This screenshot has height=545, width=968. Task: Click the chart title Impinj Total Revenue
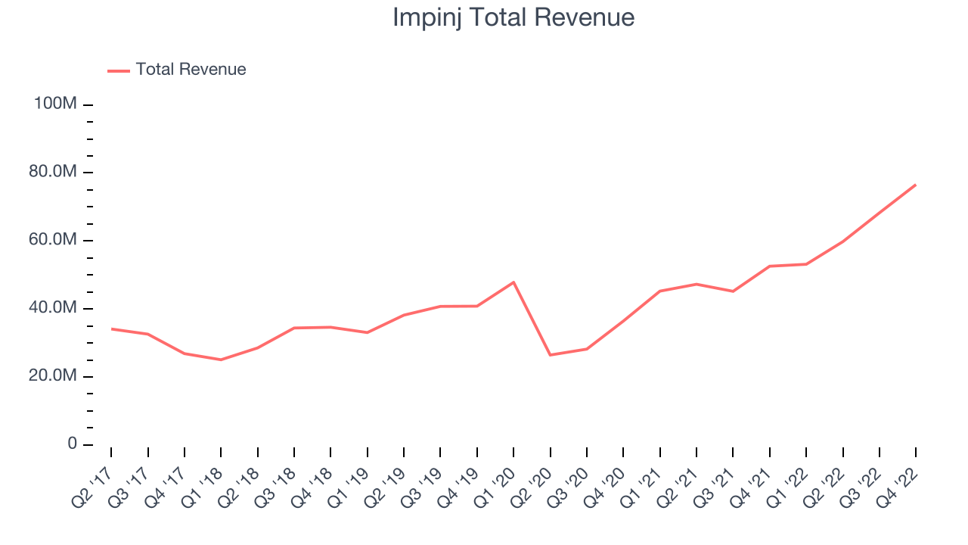[x=513, y=17]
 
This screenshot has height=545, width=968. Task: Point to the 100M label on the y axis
[x=55, y=104]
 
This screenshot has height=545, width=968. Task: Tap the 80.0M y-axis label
[x=53, y=171]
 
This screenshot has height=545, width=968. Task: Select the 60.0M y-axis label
[x=53, y=239]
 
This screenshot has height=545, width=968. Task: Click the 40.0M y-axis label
[x=53, y=307]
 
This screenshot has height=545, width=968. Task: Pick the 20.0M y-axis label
[x=53, y=375]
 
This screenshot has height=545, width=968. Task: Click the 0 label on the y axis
[x=72, y=444]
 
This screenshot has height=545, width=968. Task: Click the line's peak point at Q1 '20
[x=513, y=282]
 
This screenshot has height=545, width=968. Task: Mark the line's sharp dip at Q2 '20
[x=550, y=355]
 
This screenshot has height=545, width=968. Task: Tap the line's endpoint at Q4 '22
[x=916, y=185]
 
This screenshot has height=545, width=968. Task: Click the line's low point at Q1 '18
[x=221, y=360]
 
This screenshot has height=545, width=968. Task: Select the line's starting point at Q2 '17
[x=111, y=329]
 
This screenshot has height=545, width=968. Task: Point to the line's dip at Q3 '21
[x=733, y=291]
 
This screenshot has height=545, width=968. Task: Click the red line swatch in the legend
[x=119, y=71]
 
